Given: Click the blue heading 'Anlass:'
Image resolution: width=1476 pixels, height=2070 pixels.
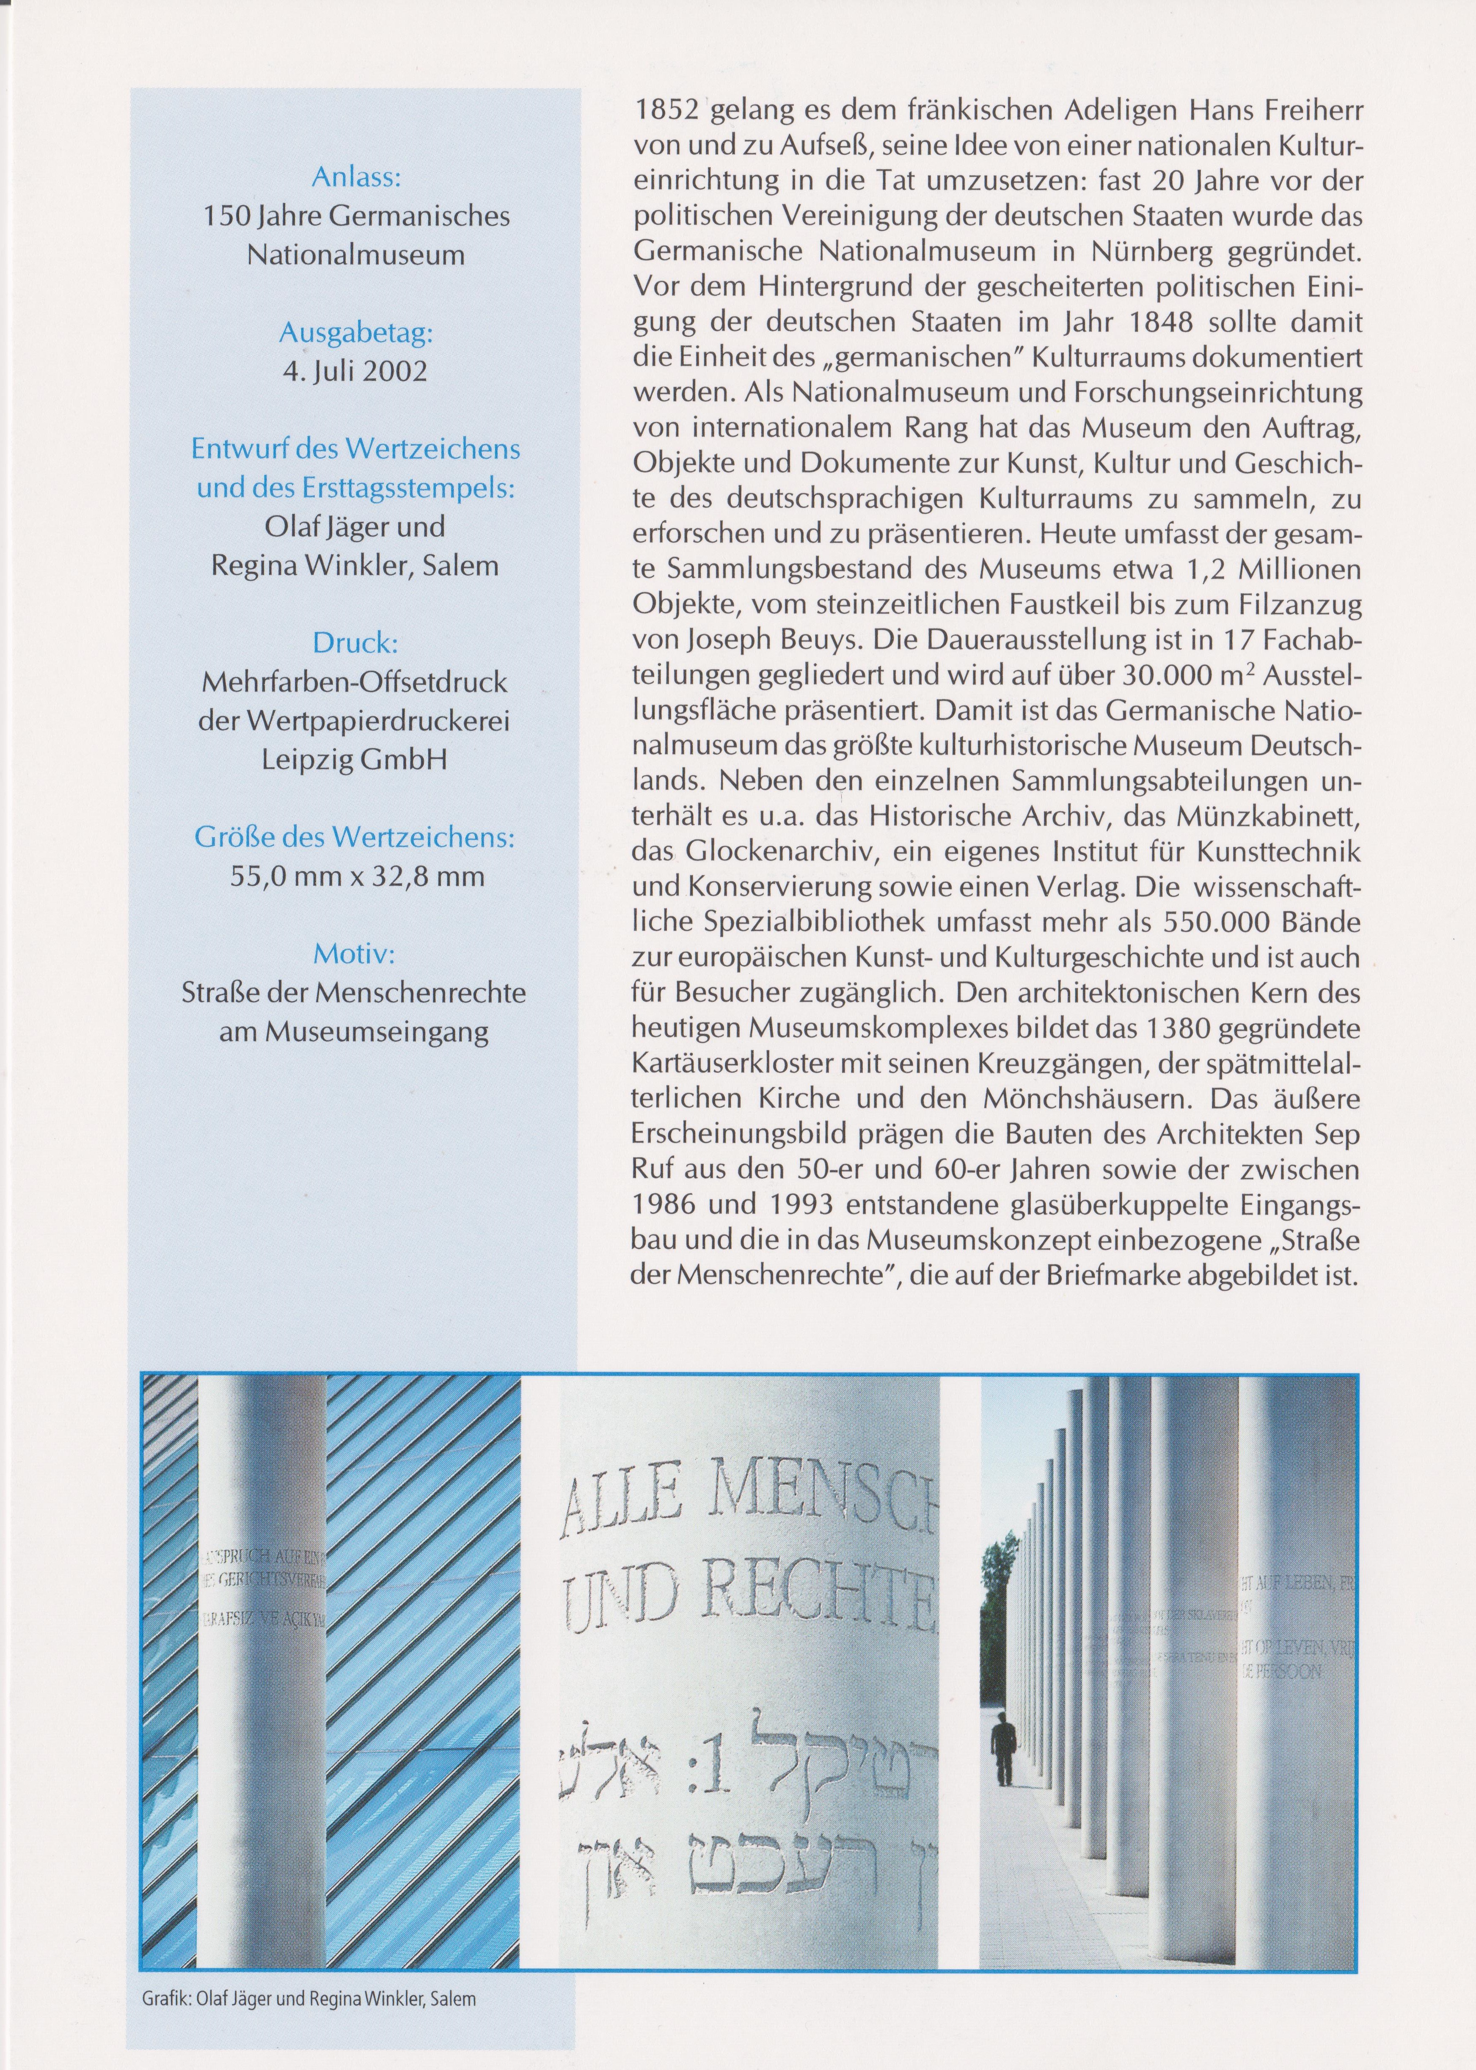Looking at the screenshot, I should coord(355,177).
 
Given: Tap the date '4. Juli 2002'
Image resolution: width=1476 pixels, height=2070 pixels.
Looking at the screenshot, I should coord(355,373).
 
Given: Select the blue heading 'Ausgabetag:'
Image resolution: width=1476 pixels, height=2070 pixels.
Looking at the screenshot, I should coord(355,334).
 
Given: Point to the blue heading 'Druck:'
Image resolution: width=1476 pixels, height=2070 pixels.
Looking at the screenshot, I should coord(355,644).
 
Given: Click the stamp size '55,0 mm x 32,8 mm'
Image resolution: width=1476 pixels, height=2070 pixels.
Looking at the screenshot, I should coord(355,877).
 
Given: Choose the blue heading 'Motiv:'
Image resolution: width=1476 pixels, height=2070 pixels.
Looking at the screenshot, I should coord(355,954).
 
